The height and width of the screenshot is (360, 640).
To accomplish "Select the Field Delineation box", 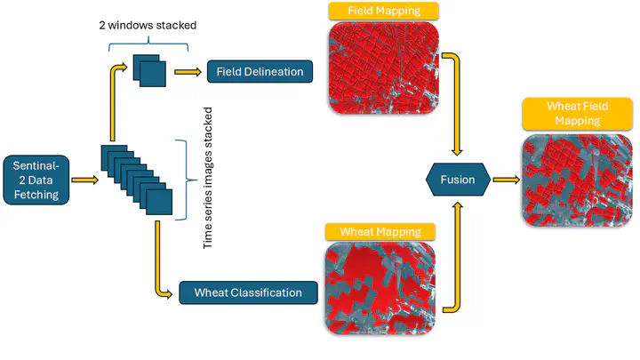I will tap(260, 71).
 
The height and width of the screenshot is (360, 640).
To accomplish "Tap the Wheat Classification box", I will tap(247, 292).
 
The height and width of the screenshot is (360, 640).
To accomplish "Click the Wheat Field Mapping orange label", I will tap(577, 113).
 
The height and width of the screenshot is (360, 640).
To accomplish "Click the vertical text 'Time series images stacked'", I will tap(208, 178).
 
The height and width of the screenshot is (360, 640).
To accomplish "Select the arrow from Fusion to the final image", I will tap(505, 180).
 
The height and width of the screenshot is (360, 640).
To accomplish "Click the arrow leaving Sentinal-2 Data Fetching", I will tap(84, 180).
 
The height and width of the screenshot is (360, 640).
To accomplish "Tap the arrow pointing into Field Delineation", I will tap(188, 71).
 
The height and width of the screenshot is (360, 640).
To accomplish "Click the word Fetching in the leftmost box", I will tap(36, 194).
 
